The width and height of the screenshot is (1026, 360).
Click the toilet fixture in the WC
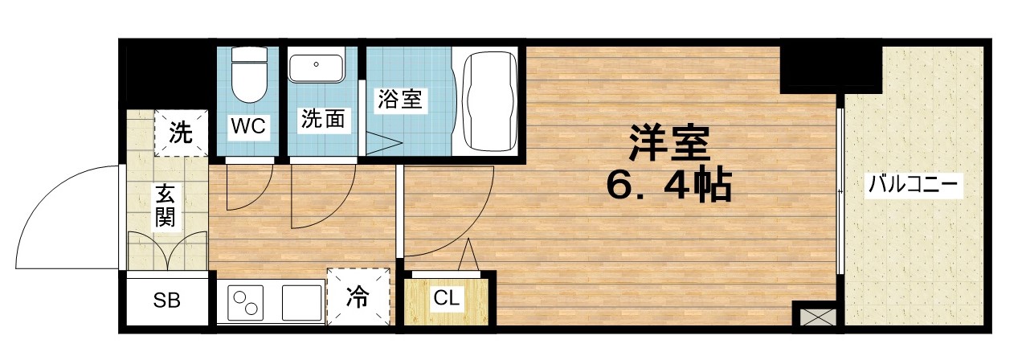[247, 76]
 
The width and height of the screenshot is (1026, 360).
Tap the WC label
[248, 126]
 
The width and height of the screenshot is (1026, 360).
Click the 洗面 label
[323, 120]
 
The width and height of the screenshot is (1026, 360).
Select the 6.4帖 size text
[668, 187]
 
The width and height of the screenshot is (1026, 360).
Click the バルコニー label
[913, 187]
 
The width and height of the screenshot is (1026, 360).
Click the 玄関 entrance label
[166, 205]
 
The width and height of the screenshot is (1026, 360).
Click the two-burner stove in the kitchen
[247, 303]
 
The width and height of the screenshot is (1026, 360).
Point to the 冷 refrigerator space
[358, 297]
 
